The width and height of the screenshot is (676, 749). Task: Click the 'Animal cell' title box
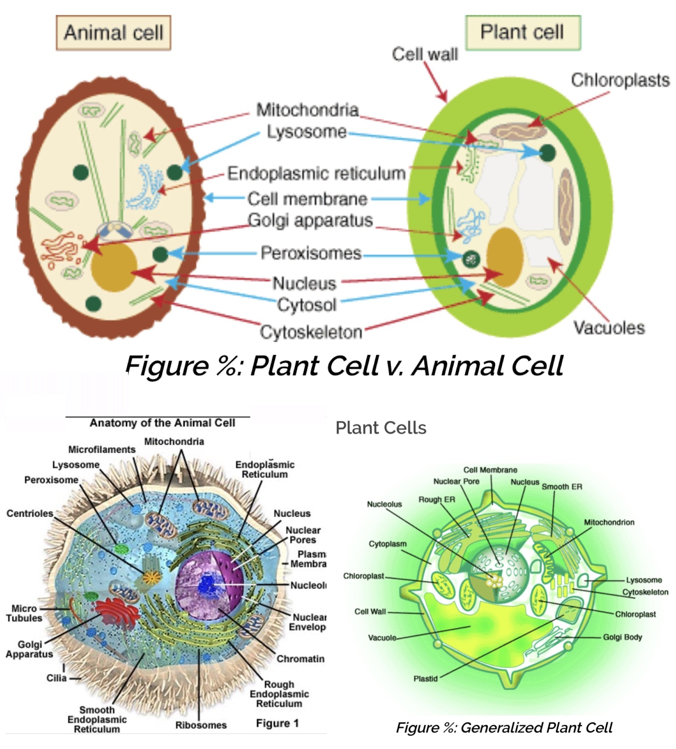click(x=113, y=33)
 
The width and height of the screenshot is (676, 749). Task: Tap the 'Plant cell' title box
click(x=522, y=32)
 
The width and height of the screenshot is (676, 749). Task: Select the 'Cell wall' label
click(x=425, y=54)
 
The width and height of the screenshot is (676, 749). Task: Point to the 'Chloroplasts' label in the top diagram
click(x=620, y=80)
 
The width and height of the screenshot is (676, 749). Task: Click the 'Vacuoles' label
click(x=609, y=327)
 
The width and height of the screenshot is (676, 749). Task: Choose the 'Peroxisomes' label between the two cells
click(x=311, y=253)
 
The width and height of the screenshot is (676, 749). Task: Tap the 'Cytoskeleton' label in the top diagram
click(x=311, y=332)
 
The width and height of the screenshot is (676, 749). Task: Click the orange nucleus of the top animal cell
click(x=114, y=267)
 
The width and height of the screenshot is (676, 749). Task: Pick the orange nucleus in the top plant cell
click(x=504, y=257)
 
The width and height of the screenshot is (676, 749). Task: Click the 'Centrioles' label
click(x=29, y=513)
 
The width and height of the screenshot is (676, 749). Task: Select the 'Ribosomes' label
click(x=201, y=725)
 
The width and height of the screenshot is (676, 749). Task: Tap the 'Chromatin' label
click(x=301, y=659)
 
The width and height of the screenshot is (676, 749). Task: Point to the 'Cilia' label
click(x=57, y=678)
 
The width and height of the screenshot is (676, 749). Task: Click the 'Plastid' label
click(x=425, y=679)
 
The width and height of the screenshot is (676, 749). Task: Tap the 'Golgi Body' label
click(x=622, y=637)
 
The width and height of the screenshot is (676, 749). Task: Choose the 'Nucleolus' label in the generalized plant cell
click(x=384, y=504)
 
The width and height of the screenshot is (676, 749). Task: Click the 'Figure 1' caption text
click(x=277, y=723)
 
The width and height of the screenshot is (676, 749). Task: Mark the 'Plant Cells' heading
click(x=381, y=428)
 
